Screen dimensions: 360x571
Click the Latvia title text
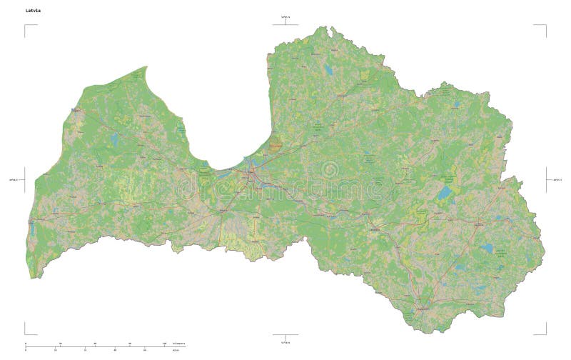pyautogui.click(x=34, y=10)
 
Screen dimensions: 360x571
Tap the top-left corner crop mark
pyautogui.click(x=26, y=26)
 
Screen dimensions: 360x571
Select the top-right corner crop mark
pyautogui.click(x=545, y=26)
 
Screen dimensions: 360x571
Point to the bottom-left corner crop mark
pyautogui.click(x=26, y=333)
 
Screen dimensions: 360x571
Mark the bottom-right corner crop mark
pyautogui.click(x=545, y=333)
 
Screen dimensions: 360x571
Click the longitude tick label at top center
pyautogui.click(x=285, y=16)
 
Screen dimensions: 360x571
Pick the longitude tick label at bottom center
pyautogui.click(x=285, y=342)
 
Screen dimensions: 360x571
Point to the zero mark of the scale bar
pyautogui.click(x=26, y=346)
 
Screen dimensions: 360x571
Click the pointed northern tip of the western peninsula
pyautogui.click(x=146, y=67)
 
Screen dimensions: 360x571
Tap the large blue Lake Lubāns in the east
pyautogui.click(x=445, y=192)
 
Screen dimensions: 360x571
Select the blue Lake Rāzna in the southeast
pyautogui.click(x=487, y=249)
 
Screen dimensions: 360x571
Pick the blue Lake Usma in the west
pyautogui.click(x=114, y=140)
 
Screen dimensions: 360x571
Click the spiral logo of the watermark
pyautogui.click(x=330, y=170)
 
